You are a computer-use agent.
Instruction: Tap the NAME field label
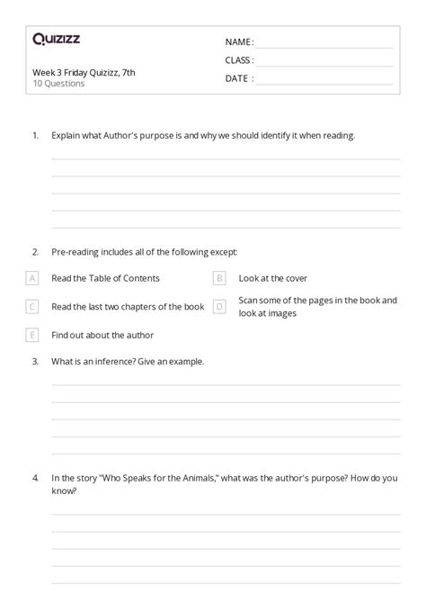click(x=239, y=42)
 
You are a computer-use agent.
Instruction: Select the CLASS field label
click(x=239, y=60)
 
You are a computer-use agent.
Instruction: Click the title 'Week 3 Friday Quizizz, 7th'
click(x=84, y=73)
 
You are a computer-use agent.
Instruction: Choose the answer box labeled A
click(x=32, y=278)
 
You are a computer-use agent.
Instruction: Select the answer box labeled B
click(x=219, y=278)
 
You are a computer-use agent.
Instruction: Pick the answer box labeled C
click(x=32, y=307)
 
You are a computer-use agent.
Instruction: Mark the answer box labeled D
click(x=219, y=307)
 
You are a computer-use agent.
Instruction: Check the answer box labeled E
click(x=32, y=335)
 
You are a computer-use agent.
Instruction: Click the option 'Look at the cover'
click(x=272, y=279)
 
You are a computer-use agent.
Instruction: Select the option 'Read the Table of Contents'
click(x=106, y=279)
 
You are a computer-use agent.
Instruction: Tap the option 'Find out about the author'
click(x=102, y=336)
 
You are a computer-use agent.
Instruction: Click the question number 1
click(x=35, y=136)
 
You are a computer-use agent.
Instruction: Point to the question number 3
click(x=35, y=361)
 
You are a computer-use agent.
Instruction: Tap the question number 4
click(x=35, y=478)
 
